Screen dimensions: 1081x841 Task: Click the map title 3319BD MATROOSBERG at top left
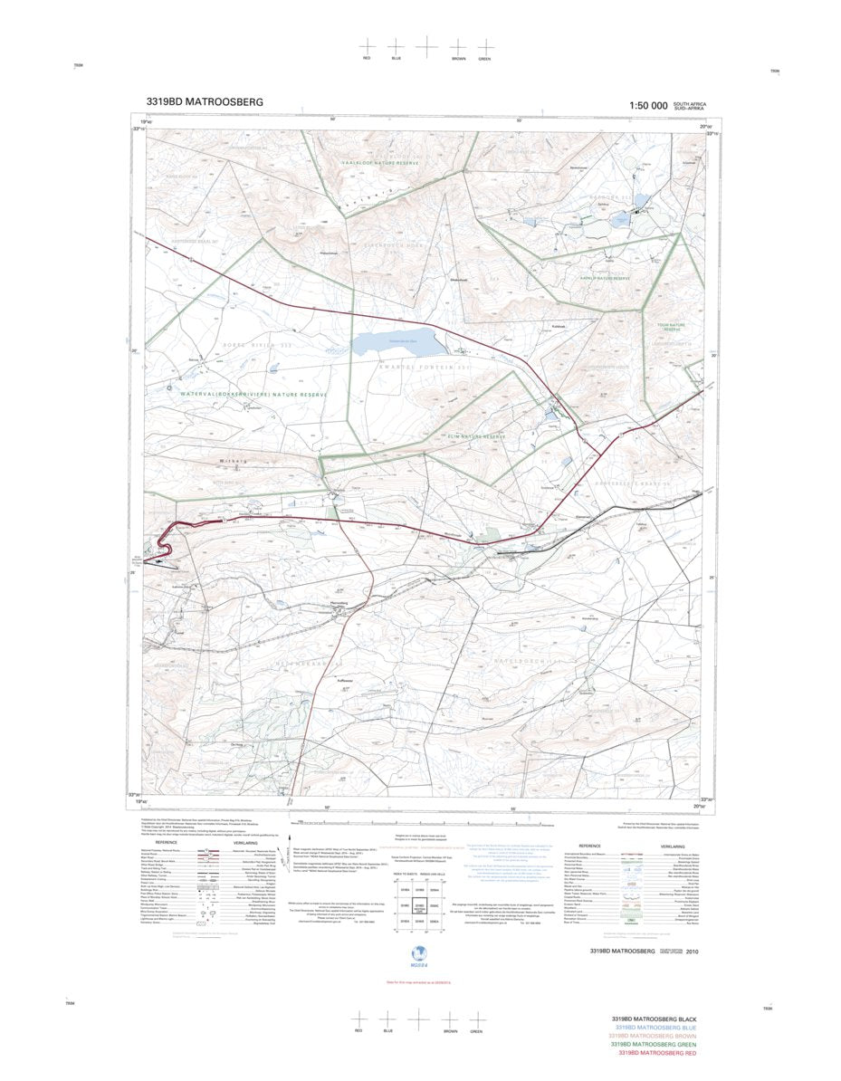(204, 102)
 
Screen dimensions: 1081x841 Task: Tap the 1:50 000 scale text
(647, 106)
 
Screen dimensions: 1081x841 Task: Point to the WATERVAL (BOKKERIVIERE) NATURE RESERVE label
(253, 395)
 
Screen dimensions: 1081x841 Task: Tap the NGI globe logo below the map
(419, 953)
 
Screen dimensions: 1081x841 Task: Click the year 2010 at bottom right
(692, 952)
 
